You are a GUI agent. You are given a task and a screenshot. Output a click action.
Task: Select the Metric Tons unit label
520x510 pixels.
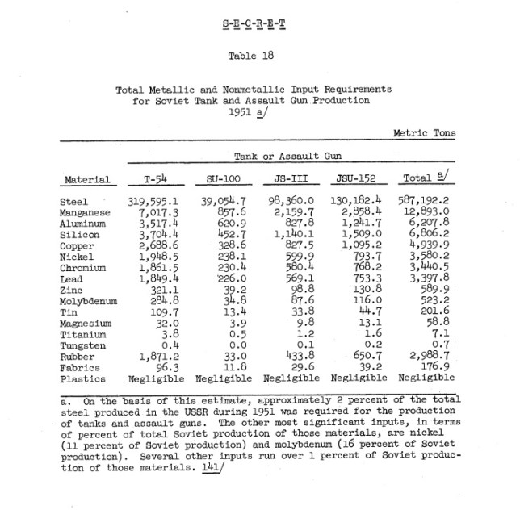pyautogui.click(x=424, y=133)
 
